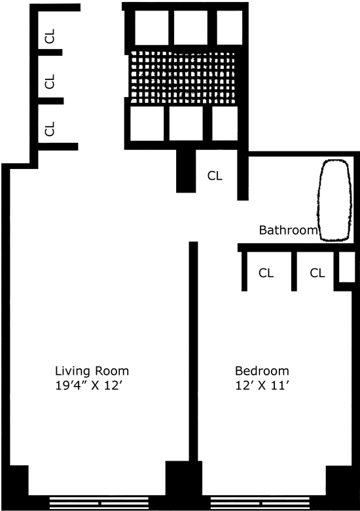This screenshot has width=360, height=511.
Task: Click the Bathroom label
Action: pyautogui.click(x=288, y=230)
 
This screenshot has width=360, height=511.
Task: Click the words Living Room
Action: pyautogui.click(x=92, y=371)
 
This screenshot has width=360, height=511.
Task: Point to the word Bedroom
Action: pyautogui.click(x=262, y=371)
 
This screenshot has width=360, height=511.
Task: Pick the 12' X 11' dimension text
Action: pyautogui.click(x=262, y=385)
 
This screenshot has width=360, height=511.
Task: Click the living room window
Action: pyautogui.click(x=99, y=503)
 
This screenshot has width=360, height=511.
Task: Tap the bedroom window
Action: pyautogui.click(x=260, y=503)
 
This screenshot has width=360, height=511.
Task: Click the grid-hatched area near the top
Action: pyautogui.click(x=183, y=77)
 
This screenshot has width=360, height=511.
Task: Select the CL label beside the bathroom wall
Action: pyautogui.click(x=215, y=176)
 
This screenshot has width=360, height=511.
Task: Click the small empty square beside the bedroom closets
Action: pyautogui.click(x=347, y=267)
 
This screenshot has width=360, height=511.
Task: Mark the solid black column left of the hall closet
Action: pyautogui.click(x=186, y=171)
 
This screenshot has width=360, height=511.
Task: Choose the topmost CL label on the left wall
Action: pyautogui.click(x=50, y=36)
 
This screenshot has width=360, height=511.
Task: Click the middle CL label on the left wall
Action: pyautogui.click(x=50, y=81)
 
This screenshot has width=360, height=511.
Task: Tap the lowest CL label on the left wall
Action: pyautogui.click(x=50, y=128)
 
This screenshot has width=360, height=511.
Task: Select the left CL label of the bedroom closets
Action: pyautogui.click(x=266, y=273)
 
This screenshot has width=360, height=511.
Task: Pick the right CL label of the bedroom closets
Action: pyautogui.click(x=317, y=273)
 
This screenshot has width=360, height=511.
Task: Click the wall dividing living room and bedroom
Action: pyautogui.click(x=193, y=351)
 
